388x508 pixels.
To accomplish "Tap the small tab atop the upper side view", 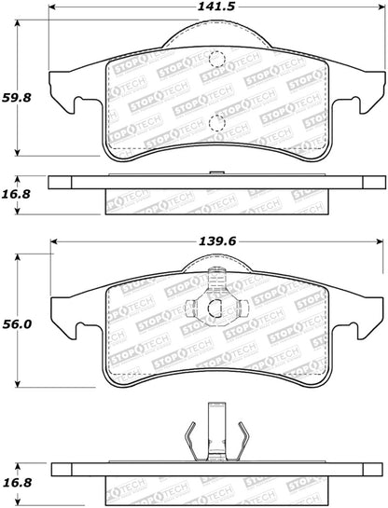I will [215, 173].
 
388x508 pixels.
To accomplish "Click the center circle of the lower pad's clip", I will [215, 310].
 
